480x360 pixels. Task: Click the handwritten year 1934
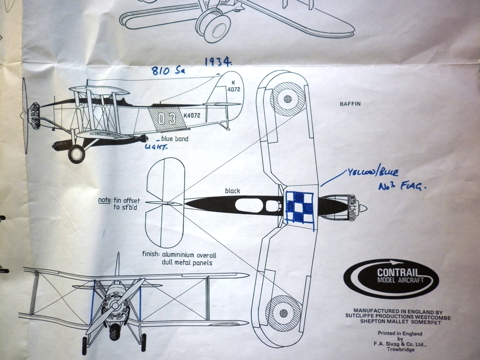tap(218, 61)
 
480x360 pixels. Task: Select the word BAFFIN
tap(350, 104)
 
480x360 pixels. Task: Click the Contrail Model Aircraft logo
tap(391, 278)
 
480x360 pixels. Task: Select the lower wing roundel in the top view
tap(283, 313)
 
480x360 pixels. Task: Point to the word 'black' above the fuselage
tap(232, 191)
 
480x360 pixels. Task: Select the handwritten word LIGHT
tap(156, 147)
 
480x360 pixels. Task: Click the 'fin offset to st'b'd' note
tap(120, 204)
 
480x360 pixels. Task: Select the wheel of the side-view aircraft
tap(76, 154)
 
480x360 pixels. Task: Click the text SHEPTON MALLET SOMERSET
tap(397, 322)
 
